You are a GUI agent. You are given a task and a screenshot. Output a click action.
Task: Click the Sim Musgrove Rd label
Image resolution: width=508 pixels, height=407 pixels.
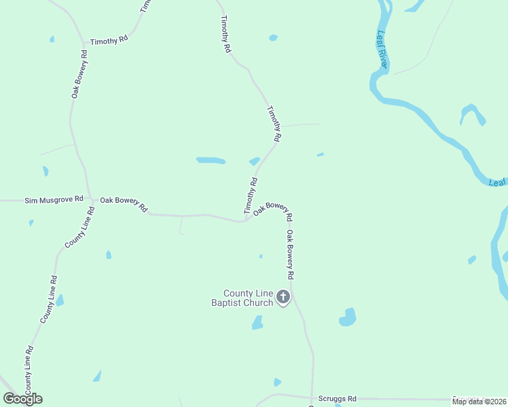pyautogui.click(x=54, y=200)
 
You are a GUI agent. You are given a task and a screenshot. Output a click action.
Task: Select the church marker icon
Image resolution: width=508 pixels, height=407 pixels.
pyautogui.click(x=283, y=296)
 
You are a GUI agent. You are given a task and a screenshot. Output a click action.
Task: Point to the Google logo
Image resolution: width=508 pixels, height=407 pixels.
pyautogui.click(x=23, y=399)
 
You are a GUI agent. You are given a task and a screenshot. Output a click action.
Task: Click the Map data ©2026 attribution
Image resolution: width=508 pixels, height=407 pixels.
pyautogui.click(x=479, y=402)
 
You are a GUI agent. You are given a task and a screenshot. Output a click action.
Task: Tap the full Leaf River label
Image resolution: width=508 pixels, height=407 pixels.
pyautogui.click(x=382, y=50)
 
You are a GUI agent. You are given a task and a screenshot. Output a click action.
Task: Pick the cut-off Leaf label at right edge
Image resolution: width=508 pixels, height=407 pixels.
pyautogui.click(x=498, y=182)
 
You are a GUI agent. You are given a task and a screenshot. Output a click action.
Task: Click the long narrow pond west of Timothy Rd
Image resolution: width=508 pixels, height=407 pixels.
pyautogui.click(x=211, y=161)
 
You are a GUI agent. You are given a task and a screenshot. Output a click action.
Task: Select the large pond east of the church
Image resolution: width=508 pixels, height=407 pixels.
pyautogui.click(x=347, y=317)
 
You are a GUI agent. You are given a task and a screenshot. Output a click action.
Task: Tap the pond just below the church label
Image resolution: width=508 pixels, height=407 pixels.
pyautogui.click(x=257, y=323)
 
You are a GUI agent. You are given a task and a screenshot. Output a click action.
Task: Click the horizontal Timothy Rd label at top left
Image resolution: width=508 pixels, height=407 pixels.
pyautogui.click(x=109, y=41)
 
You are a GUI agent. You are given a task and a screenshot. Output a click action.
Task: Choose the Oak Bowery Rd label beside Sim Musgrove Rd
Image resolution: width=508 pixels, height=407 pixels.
pyautogui.click(x=124, y=204)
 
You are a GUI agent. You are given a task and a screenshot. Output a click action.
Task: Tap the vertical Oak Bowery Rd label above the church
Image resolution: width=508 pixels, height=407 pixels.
pyautogui.click(x=290, y=255)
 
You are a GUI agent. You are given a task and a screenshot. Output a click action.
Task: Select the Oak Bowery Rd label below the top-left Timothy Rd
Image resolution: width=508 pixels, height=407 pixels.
pyautogui.click(x=78, y=75)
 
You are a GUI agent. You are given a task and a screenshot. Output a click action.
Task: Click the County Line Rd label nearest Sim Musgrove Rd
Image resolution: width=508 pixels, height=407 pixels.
pyautogui.click(x=79, y=227)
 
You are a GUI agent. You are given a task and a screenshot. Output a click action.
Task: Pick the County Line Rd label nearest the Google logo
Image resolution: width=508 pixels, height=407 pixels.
pyautogui.click(x=29, y=370)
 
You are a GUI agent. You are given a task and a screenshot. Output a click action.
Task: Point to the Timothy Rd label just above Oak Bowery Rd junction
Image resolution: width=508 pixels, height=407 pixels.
pyautogui.click(x=251, y=196)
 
